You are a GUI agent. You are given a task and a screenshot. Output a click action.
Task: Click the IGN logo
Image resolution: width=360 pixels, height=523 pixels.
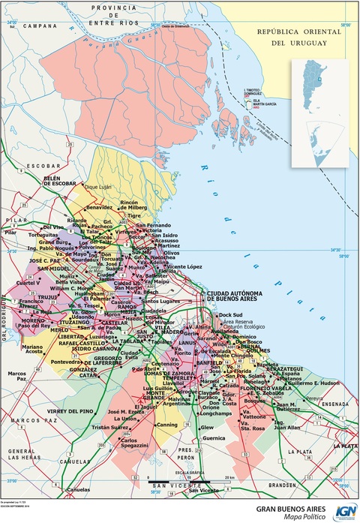(346, 511)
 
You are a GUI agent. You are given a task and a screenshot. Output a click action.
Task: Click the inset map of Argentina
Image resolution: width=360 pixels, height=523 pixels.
(319, 113)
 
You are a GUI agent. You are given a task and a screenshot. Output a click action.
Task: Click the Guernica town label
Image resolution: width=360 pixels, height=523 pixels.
(214, 437)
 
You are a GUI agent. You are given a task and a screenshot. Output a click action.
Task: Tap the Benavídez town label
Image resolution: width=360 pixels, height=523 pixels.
(103, 206)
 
